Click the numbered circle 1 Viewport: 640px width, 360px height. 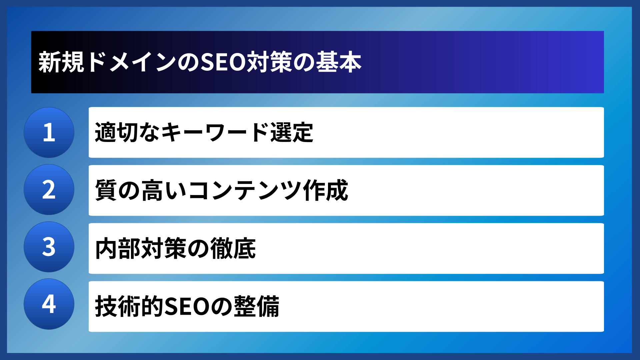[49, 132]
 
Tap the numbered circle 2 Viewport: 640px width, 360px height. [49, 190]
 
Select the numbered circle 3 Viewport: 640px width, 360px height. [49, 247]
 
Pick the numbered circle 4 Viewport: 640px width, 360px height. [49, 304]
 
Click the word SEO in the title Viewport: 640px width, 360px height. [223, 62]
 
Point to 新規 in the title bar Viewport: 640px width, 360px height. [61, 62]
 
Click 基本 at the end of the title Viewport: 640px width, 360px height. [338, 62]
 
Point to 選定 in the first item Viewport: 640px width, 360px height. [292, 133]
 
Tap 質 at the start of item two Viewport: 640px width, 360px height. [106, 190]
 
